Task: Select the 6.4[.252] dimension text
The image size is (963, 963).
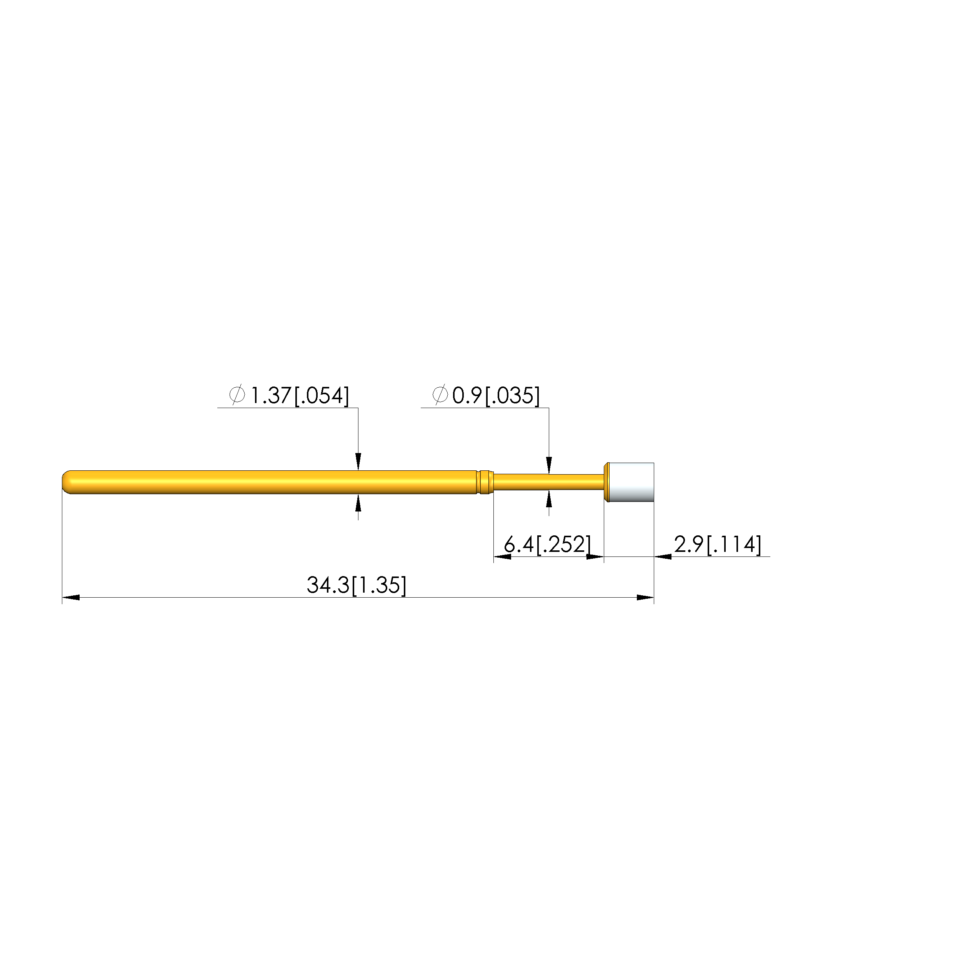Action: (547, 544)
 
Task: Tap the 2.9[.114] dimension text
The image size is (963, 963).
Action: (718, 544)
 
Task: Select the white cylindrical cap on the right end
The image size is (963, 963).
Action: (631, 482)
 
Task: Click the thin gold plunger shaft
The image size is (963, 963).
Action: (548, 482)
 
